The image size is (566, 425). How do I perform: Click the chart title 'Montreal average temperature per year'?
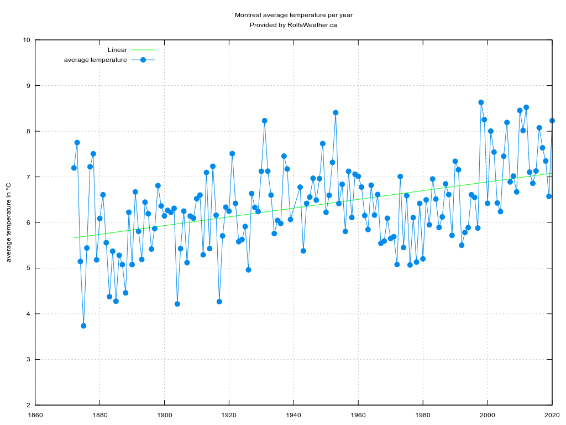coord(294,15)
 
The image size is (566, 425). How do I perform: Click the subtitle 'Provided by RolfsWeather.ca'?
coord(294,25)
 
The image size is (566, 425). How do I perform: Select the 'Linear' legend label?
coord(117,50)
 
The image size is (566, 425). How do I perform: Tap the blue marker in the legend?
coord(143,60)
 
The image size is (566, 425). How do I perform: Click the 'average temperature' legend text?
coord(96,60)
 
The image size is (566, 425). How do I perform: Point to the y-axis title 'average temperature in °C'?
coord(8,222)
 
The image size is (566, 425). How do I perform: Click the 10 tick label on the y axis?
coord(26,40)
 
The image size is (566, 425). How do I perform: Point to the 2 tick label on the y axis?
coord(28,405)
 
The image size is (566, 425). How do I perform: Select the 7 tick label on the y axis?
coord(28,177)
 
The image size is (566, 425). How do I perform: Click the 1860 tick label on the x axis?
coord(35,414)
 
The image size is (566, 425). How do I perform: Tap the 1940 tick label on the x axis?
coord(294,414)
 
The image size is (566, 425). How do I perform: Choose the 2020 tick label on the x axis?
coord(552,414)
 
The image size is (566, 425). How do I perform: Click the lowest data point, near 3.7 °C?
coord(83,326)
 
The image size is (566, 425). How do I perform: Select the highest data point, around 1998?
coord(481,102)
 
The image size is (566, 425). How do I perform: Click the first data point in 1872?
coord(74,168)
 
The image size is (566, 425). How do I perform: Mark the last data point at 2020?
coord(552,121)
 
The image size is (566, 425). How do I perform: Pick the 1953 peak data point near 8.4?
coord(336,112)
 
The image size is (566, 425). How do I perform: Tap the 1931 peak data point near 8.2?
coord(265,121)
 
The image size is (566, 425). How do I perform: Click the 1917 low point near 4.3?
coord(219,302)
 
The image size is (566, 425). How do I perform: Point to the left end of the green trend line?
coord(75,238)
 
